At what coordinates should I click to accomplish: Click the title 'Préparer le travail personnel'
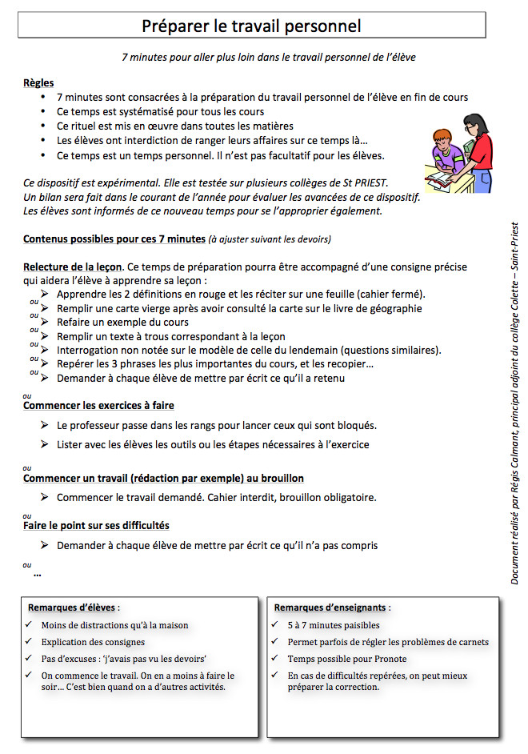point(251,26)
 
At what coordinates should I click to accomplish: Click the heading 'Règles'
point(38,82)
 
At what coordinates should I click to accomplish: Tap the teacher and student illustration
point(457,153)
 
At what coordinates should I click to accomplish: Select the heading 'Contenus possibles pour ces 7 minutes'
point(114,239)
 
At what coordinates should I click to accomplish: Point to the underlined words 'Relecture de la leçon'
point(73,267)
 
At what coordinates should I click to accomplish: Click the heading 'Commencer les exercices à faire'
point(98,406)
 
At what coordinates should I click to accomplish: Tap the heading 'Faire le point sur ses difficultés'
point(96,525)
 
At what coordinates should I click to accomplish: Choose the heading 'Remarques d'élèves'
point(70,608)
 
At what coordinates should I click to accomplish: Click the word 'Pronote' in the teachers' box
point(387,659)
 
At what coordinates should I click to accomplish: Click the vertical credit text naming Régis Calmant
point(515,403)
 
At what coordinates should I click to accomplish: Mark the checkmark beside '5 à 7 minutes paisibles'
point(275,625)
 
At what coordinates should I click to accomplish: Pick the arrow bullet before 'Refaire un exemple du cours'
point(45,323)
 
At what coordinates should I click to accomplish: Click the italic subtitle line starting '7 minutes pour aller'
point(269,58)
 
